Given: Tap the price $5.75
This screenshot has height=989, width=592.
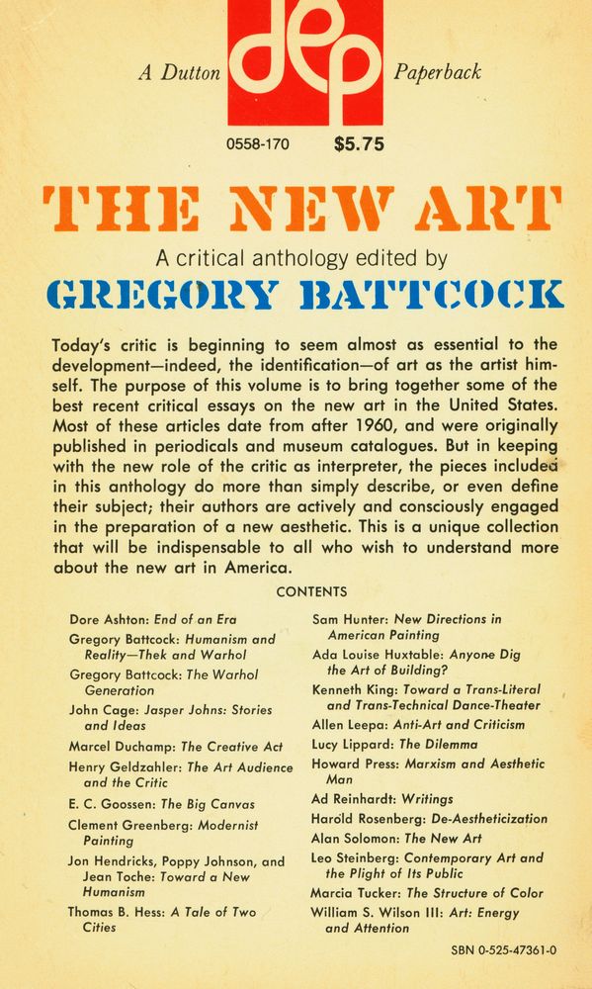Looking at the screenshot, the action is point(360,144).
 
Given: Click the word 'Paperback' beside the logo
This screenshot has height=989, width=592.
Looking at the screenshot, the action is point(437,71).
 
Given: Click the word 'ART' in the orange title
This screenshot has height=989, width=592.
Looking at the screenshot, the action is point(498,210).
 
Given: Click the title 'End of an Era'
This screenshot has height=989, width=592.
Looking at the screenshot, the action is point(197,620).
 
